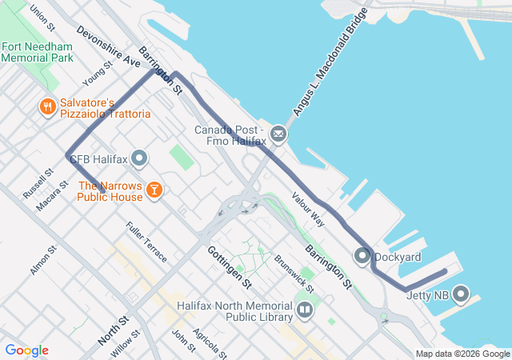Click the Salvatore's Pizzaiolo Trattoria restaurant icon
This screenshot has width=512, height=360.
tap(48, 106)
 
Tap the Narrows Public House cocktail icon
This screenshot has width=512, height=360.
tap(154, 190)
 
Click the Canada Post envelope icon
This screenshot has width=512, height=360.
tap(278, 133)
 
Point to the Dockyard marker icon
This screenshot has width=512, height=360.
tap(362, 257)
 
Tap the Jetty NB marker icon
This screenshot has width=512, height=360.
tap(461, 295)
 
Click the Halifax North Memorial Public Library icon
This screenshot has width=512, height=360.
tap(304, 310)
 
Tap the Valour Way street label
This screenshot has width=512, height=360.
tap(308, 210)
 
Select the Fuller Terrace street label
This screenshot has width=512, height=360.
tap(146, 242)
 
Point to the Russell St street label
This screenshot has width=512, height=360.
tap(38, 183)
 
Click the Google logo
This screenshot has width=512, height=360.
tap(26, 350)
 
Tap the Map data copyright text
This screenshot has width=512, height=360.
tap(462, 354)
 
